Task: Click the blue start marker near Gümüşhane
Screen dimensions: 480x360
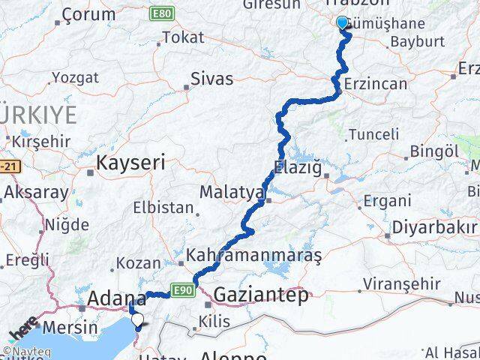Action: click(x=343, y=23)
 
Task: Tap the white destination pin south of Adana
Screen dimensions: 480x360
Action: click(x=137, y=320)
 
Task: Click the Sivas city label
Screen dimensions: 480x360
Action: click(x=211, y=79)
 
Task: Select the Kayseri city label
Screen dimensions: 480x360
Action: click(x=130, y=161)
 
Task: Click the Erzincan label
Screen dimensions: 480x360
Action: click(x=376, y=84)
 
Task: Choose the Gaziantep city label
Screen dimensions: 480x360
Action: click(x=260, y=295)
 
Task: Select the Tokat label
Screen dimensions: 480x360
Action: click(x=183, y=37)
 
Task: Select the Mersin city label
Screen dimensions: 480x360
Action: click(x=70, y=327)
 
